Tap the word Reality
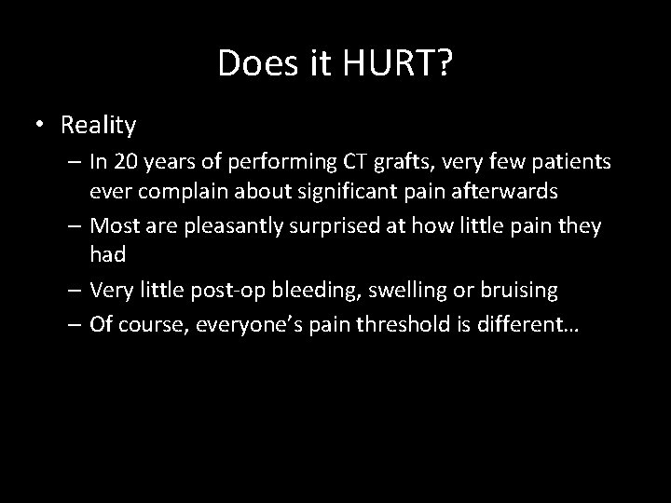(98, 124)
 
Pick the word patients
(574, 162)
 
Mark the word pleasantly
(244, 226)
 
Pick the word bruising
(521, 291)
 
